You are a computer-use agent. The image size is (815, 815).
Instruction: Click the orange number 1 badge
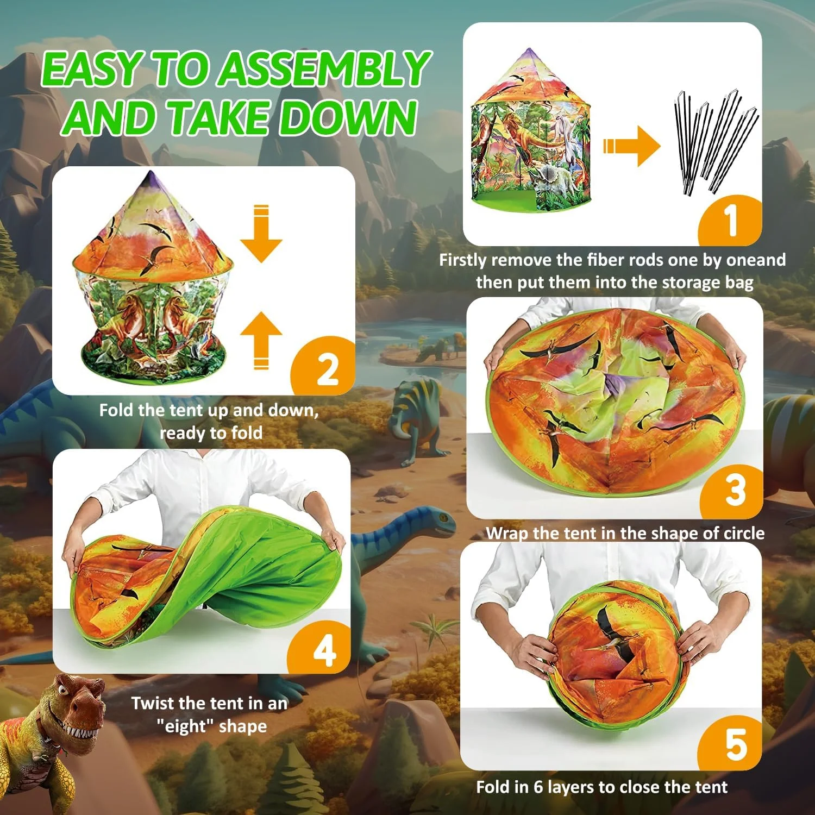pyautogui.click(x=731, y=221)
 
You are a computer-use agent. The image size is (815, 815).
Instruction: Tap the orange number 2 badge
pyautogui.click(x=326, y=368)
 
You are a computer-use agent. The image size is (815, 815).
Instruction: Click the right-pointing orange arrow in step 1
pyautogui.click(x=631, y=146)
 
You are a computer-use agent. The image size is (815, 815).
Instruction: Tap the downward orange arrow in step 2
pyautogui.click(x=261, y=234)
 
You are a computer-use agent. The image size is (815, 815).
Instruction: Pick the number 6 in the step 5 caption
pyautogui.click(x=538, y=787)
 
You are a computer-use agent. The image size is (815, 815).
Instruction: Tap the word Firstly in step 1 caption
pyautogui.click(x=462, y=260)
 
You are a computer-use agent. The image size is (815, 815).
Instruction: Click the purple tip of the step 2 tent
pyautogui.click(x=151, y=179)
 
